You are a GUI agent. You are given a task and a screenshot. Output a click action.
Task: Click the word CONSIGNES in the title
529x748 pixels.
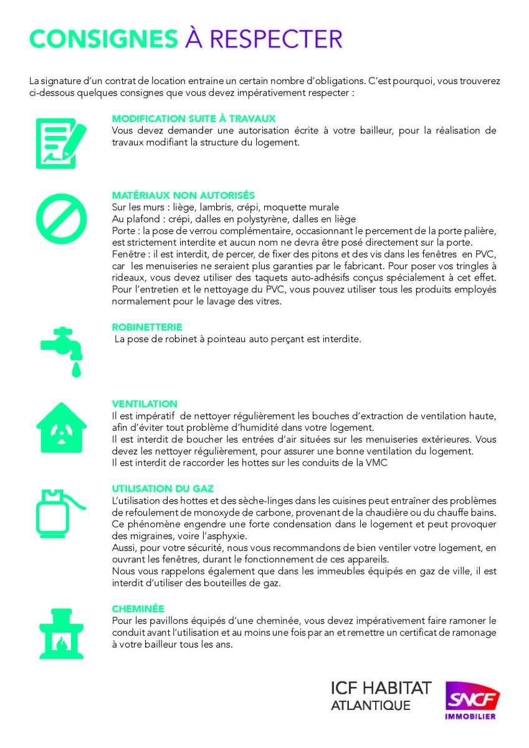pos(103,39)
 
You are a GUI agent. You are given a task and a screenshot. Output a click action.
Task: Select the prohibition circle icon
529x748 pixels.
pos(61,219)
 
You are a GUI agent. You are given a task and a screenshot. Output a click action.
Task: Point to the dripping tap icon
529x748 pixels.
pos(62,351)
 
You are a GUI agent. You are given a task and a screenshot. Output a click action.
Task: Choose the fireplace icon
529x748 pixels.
pos(61,631)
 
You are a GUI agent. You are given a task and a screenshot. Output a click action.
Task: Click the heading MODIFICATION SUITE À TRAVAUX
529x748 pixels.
pos(193,118)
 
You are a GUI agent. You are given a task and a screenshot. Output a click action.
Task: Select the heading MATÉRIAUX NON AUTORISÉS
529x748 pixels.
pos(183,195)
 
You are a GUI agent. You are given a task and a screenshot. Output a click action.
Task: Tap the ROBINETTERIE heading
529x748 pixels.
pos(147,327)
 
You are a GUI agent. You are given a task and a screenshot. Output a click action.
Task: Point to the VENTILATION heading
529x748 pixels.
pos(145,404)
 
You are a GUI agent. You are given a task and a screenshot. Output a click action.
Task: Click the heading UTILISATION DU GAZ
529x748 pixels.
pos(163,489)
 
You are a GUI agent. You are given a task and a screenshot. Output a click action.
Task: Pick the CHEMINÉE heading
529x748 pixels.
pos(138,608)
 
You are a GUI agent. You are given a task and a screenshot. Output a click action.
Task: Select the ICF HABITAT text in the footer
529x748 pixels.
pos(381,688)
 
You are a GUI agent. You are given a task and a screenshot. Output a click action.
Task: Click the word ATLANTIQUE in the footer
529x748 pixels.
pos(370,706)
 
